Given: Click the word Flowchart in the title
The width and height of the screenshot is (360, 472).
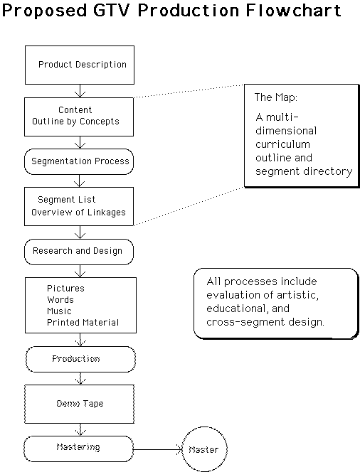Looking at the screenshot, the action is [293, 10].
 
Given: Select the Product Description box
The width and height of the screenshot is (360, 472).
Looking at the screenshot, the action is [80, 65].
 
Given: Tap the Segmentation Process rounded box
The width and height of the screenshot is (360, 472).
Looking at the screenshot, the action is [79, 161].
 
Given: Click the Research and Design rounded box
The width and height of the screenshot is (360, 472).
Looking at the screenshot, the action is [79, 252].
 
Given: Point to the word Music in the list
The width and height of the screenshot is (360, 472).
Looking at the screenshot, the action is [59, 311].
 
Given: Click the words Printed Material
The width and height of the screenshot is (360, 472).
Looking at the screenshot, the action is [83, 323].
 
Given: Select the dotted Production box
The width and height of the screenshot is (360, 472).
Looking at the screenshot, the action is [80, 359].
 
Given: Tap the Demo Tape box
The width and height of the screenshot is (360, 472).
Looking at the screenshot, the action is [79, 404].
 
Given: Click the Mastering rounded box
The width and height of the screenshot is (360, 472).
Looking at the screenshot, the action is [79, 449].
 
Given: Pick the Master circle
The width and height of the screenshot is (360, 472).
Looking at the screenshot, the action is [205, 449].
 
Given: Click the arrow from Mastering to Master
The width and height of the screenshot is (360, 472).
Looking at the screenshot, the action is [158, 450].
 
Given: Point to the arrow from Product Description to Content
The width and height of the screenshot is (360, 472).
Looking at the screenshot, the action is [80, 91].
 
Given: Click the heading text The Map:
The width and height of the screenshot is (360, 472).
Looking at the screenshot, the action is [275, 97].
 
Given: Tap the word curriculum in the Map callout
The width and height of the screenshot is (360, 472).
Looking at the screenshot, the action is [282, 144].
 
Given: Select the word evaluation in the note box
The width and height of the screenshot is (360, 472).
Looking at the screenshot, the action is [231, 295].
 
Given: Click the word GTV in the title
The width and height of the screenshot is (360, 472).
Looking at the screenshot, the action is [111, 10].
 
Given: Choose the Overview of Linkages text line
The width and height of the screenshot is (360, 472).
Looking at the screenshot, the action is [78, 213].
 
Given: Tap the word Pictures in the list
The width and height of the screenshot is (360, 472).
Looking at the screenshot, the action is [65, 289].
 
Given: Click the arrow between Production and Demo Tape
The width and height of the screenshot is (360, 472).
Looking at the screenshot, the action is [80, 378].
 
